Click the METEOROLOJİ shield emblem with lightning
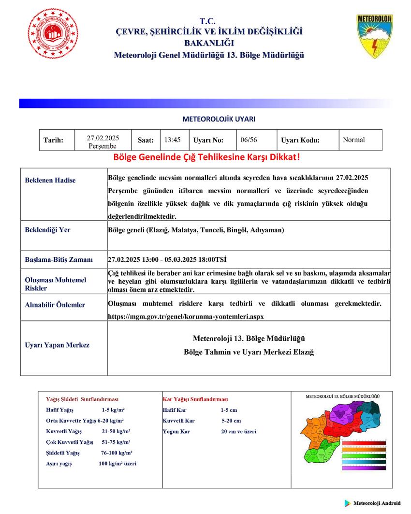tap(375, 36)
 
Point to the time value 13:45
tap(172, 140)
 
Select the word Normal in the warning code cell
tap(353, 140)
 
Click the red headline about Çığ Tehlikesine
tap(206, 158)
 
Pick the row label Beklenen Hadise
tap(50, 181)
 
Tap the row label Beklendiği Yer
tap(47, 230)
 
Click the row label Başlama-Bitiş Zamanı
tap(59, 259)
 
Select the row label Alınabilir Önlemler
tap(55, 305)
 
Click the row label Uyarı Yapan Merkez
tap(57, 345)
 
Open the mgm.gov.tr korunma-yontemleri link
tap(186, 316)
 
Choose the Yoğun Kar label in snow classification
tap(173, 431)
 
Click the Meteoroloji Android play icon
tap(348, 503)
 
